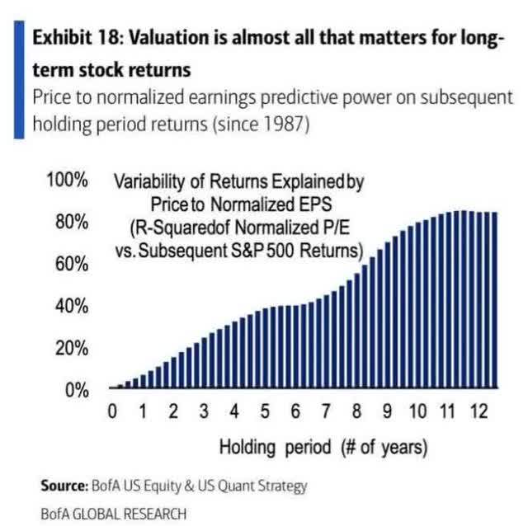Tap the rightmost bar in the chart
494,300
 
